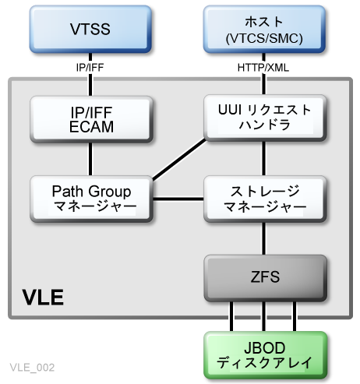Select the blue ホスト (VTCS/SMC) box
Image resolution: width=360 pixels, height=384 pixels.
(x=263, y=30)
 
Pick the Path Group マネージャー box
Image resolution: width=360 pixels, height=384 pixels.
(x=90, y=199)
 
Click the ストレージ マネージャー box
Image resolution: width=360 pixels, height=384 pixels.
(x=263, y=199)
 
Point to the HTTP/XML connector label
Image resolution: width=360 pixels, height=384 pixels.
(x=263, y=67)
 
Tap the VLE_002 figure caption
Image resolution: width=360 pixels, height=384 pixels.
(x=32, y=366)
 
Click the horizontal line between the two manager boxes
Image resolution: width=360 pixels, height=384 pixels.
(x=178, y=200)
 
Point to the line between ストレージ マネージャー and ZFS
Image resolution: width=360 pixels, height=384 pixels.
(x=263, y=238)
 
